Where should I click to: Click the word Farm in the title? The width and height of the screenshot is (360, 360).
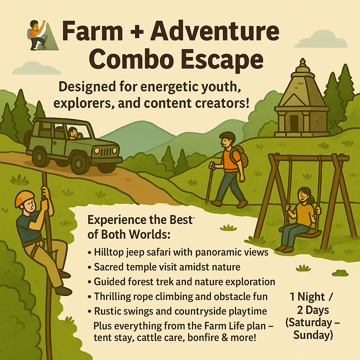coord(92,31)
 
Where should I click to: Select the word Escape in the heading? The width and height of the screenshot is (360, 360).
coord(222,59)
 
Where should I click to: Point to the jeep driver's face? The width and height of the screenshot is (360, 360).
coord(73,133)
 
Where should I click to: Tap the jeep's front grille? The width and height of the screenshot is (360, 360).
coord(108,152)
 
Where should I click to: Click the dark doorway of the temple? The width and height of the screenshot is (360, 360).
coord(294,123)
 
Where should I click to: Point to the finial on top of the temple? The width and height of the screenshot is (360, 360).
coord(303,62)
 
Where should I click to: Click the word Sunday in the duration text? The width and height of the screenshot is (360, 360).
coord(313,335)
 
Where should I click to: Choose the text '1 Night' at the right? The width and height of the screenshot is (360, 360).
coord(307,297)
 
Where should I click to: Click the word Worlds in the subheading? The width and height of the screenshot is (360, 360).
coord(149,234)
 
